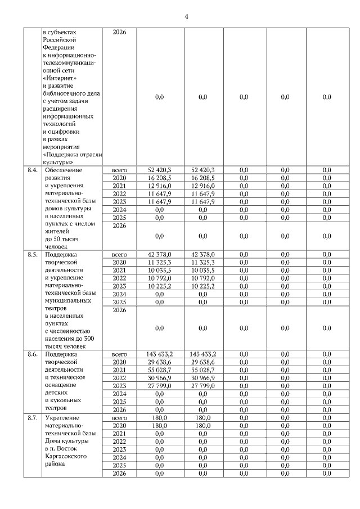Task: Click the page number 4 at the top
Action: (x=186, y=16)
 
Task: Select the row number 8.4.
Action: (x=32, y=169)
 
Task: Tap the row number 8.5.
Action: (x=32, y=254)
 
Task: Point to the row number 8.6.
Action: (x=32, y=354)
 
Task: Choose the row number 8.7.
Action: (x=32, y=418)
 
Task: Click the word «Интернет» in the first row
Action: (x=59, y=78)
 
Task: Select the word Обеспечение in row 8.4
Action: (x=64, y=169)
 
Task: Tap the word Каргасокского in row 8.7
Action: (x=66, y=458)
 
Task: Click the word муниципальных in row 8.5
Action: (x=67, y=300)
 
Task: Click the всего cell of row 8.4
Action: (x=119, y=169)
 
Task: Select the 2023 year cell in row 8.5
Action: (x=119, y=286)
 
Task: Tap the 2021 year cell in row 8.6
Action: (x=119, y=370)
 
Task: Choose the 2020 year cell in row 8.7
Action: (x=119, y=426)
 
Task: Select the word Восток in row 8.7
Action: (x=74, y=449)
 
